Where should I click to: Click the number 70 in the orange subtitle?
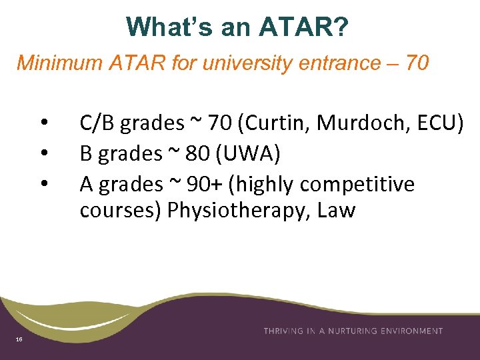click(417, 63)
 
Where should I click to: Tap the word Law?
click(337, 211)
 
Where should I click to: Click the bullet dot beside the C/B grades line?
click(43, 123)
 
